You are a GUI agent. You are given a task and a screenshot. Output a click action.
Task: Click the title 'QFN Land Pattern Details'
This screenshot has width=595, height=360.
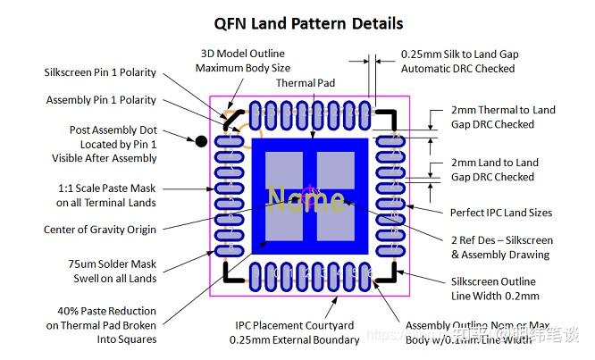pyautogui.click(x=308, y=23)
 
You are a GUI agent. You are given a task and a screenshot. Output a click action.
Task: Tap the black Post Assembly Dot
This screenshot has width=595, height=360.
pyautogui.click(x=201, y=140)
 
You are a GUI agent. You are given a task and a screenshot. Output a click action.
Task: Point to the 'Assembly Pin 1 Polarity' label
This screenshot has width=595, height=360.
pyautogui.click(x=101, y=100)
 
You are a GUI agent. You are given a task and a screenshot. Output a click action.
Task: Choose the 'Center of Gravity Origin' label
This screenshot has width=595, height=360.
pyautogui.click(x=99, y=230)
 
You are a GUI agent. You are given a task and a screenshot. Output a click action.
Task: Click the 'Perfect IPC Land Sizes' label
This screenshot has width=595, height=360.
pyautogui.click(x=500, y=213)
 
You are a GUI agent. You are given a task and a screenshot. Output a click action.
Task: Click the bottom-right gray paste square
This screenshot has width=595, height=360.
pyautogui.click(x=336, y=226)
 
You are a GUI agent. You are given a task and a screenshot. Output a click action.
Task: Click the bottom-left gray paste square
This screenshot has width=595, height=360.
pyautogui.click(x=286, y=226)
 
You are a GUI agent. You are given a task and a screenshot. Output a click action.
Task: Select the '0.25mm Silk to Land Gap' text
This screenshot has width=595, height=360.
pyautogui.click(x=459, y=54)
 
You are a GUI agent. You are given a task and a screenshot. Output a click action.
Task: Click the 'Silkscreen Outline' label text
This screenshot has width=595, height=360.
pyautogui.click(x=494, y=281)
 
